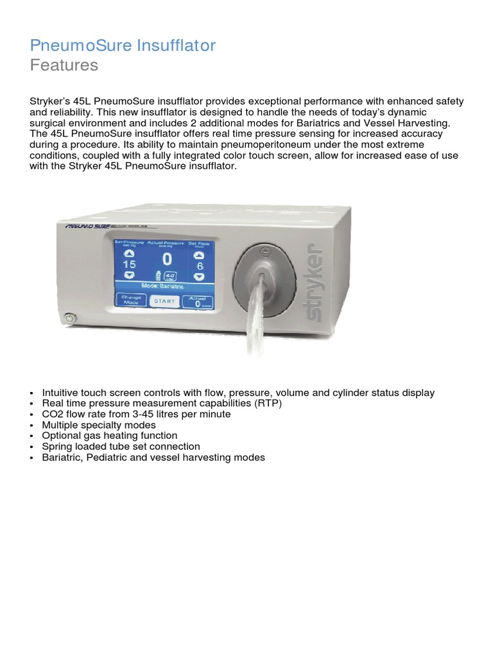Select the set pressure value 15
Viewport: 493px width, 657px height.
pyautogui.click(x=129, y=264)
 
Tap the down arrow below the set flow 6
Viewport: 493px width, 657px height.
pyautogui.click(x=199, y=276)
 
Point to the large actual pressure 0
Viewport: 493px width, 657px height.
pyautogui.click(x=167, y=259)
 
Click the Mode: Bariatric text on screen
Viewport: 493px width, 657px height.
pyautogui.click(x=166, y=287)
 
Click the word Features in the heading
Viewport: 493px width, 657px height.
pyautogui.click(x=64, y=65)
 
